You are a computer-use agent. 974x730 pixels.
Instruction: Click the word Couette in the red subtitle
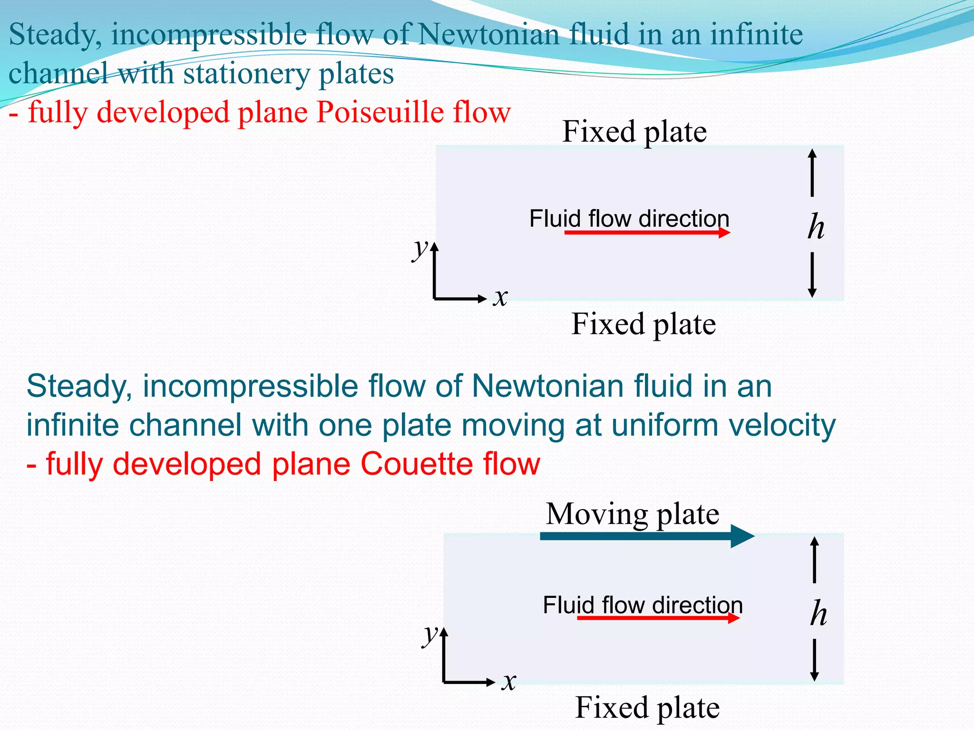click(416, 464)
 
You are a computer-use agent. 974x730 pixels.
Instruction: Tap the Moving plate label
click(632, 514)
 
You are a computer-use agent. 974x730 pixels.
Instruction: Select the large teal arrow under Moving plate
click(647, 536)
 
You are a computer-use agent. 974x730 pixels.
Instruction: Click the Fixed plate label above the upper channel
click(634, 132)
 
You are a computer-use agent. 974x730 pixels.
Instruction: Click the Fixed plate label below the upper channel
click(643, 324)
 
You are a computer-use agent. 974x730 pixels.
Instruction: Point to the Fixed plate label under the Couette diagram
click(647, 708)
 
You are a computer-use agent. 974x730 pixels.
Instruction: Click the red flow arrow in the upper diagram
click(647, 232)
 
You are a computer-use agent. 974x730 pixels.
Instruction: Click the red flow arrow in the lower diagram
click(658, 618)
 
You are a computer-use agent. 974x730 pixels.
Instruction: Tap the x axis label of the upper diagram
click(500, 298)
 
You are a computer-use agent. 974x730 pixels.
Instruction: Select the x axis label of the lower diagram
click(509, 682)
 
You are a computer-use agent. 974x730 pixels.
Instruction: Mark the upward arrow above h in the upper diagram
click(812, 172)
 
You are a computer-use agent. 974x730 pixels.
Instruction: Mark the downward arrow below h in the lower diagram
click(814, 660)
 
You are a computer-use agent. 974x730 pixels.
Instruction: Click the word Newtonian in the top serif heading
click(488, 35)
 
